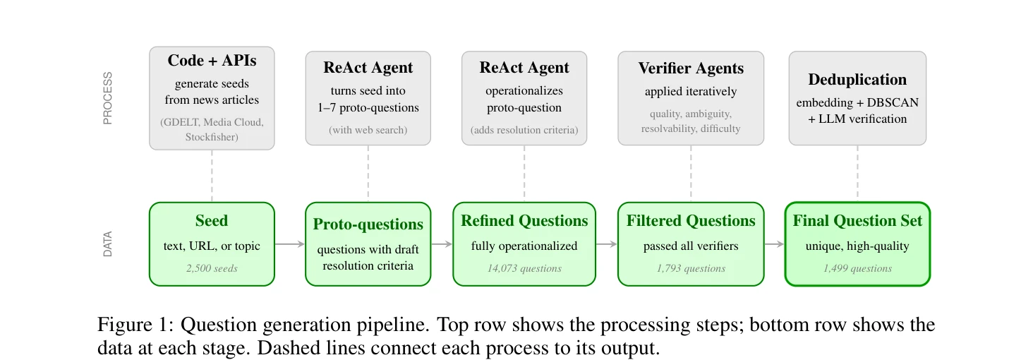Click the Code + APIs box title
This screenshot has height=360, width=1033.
coord(212,61)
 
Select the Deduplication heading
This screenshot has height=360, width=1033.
coord(857,80)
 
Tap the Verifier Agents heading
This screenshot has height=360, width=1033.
coord(691,68)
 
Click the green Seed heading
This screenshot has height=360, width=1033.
coord(212,221)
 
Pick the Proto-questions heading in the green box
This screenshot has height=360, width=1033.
coord(368,224)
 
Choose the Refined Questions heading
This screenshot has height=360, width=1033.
coord(524,221)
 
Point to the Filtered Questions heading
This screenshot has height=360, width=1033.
coord(691,221)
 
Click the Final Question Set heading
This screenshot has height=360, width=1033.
coord(857,221)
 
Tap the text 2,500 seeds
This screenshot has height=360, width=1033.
coord(212,268)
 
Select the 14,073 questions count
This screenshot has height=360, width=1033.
coord(524,268)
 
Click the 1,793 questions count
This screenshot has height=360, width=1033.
coord(691,268)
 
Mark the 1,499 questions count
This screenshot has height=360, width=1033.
coord(857,268)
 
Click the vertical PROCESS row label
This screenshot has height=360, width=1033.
coord(108,98)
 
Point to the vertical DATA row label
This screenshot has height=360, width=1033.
coord(108,244)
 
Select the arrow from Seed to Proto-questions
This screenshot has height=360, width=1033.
coord(289,244)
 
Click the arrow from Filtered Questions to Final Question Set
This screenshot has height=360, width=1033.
coord(774,244)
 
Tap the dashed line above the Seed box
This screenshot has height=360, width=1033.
coord(212,176)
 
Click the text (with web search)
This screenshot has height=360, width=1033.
coord(368,130)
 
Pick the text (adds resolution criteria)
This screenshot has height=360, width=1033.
coord(524,130)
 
